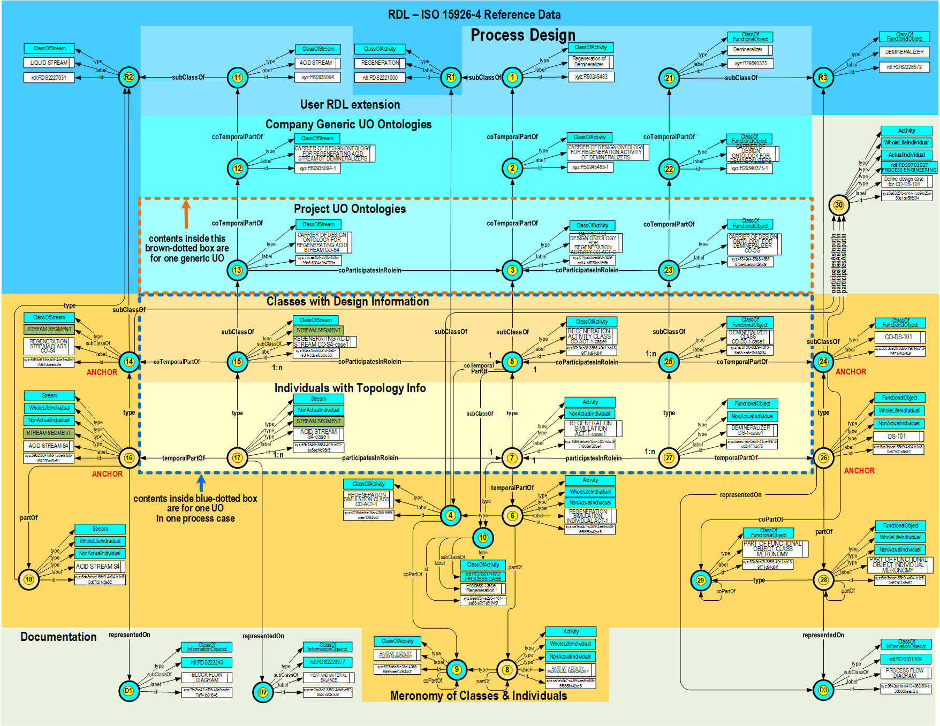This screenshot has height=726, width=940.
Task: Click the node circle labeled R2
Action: click(x=128, y=77)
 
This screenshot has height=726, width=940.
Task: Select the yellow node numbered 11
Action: click(x=237, y=78)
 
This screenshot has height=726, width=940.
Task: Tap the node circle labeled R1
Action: click(x=451, y=78)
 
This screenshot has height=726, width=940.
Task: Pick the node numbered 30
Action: click(x=838, y=205)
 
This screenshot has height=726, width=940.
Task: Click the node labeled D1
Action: click(x=128, y=691)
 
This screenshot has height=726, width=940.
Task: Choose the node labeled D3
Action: click(x=823, y=690)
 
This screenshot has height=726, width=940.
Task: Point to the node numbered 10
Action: click(x=483, y=538)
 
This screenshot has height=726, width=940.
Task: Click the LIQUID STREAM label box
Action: click(x=49, y=63)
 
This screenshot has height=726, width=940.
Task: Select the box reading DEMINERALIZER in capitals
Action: click(x=904, y=52)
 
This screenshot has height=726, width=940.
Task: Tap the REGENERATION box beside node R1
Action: click(x=380, y=63)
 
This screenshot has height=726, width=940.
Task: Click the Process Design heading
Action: click(x=523, y=35)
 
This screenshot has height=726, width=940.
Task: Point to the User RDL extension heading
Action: click(x=350, y=105)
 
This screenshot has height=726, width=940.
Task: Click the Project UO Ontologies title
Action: click(x=350, y=209)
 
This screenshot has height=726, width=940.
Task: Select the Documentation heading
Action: click(x=58, y=637)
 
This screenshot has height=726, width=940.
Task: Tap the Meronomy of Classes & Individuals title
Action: click(x=479, y=696)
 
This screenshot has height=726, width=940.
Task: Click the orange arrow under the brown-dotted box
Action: click(x=186, y=213)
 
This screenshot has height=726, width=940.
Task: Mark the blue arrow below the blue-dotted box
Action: click(x=201, y=483)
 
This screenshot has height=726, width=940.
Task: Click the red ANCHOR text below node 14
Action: click(x=102, y=372)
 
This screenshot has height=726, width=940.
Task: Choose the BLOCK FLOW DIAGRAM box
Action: click(x=207, y=678)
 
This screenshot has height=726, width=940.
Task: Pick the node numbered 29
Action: click(x=701, y=580)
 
